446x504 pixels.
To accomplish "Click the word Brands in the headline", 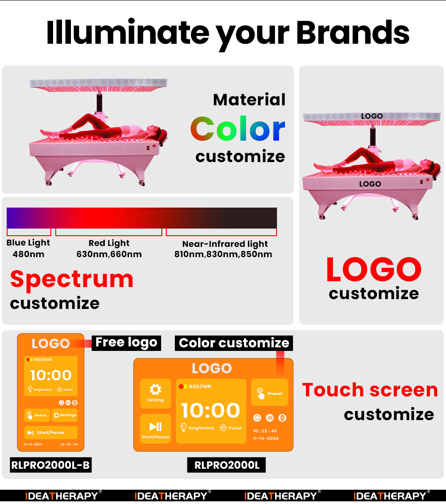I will pyautogui.click(x=353, y=32).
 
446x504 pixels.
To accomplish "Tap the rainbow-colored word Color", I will pyautogui.click(x=238, y=129).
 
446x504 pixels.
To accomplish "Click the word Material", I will pyautogui.click(x=249, y=100).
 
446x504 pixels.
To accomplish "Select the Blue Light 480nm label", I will pyautogui.click(x=28, y=249).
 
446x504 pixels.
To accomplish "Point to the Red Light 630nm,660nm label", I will pyautogui.click(x=109, y=249).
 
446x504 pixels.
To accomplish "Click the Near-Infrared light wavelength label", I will pyautogui.click(x=223, y=249).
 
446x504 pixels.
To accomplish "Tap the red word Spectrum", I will pyautogui.click(x=72, y=279).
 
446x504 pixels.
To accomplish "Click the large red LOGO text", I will pyautogui.click(x=374, y=270).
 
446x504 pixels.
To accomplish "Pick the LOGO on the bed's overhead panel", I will pyautogui.click(x=372, y=116).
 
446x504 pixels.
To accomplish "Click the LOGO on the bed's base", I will pyautogui.click(x=370, y=184).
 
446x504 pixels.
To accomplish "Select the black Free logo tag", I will pyautogui.click(x=126, y=342).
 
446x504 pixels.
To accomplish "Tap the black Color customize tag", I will pyautogui.click(x=234, y=343).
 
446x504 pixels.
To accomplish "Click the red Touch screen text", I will pyautogui.click(x=370, y=390).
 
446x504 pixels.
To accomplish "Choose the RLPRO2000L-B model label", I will pyautogui.click(x=50, y=466).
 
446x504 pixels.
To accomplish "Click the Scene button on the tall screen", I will pyautogui.click(x=37, y=415).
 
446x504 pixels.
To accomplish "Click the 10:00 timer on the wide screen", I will pyautogui.click(x=211, y=410).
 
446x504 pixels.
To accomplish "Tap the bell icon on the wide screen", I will pyautogui.click(x=257, y=418).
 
